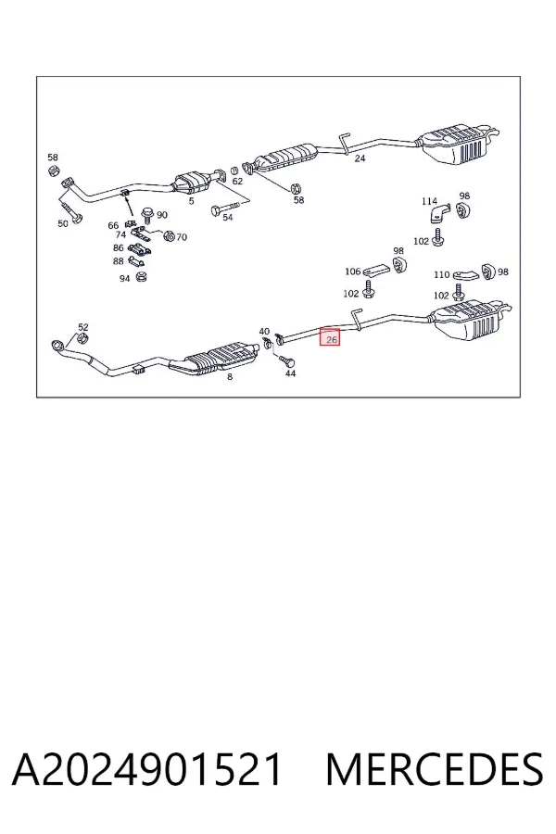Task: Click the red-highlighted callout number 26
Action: click(x=332, y=339)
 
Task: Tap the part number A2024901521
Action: click(x=146, y=769)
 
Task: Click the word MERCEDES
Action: click(x=435, y=769)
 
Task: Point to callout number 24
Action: click(x=360, y=158)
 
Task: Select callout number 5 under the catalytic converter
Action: click(x=191, y=201)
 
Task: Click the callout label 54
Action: click(x=227, y=217)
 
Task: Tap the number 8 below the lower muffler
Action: click(x=230, y=376)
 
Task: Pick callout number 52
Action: click(x=83, y=327)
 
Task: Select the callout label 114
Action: click(x=429, y=201)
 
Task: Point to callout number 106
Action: click(x=353, y=272)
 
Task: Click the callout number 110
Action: click(x=442, y=274)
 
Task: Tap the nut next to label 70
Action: click(x=168, y=234)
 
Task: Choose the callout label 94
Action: click(x=124, y=278)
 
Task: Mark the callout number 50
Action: click(x=63, y=223)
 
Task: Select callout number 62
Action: click(x=237, y=181)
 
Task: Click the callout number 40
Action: click(x=264, y=332)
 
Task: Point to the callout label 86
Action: click(x=118, y=247)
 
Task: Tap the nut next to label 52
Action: click(x=82, y=339)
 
